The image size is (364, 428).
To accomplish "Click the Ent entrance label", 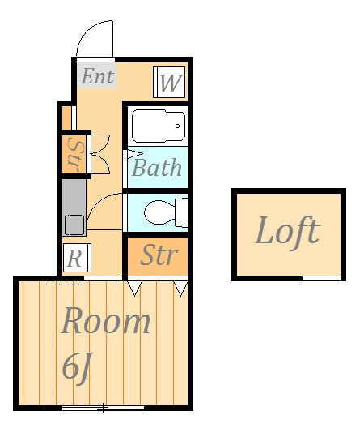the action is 98,76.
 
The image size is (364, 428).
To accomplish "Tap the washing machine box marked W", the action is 169,82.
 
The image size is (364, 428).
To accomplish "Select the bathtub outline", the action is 159,126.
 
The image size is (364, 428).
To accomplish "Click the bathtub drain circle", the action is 178,126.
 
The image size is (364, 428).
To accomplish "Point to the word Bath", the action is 157,167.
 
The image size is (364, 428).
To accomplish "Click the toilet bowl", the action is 159,212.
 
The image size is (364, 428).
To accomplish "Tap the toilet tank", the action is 181,212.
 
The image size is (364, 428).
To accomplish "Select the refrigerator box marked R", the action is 77,258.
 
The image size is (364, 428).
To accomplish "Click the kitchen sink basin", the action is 74,225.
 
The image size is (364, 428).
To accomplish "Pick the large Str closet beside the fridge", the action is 158,256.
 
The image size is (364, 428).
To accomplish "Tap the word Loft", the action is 288,232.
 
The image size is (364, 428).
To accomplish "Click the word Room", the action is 106,321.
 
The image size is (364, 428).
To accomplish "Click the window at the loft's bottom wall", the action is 321,278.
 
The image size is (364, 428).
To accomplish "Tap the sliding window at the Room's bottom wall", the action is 103,408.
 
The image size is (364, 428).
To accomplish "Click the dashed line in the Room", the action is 67,285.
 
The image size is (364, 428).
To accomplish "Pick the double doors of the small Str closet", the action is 100,154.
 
